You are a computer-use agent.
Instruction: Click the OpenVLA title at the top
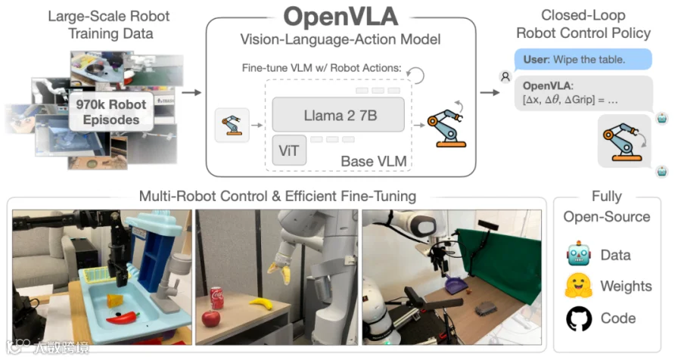click(340, 17)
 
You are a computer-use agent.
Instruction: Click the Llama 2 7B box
click(338, 115)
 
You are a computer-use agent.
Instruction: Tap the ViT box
click(289, 151)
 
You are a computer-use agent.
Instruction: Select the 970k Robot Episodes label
click(111, 112)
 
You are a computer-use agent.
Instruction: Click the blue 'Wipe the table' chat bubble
click(583, 59)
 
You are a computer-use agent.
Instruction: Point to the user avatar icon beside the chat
click(505, 77)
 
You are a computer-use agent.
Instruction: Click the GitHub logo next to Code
click(579, 318)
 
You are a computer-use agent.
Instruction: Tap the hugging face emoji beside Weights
click(579, 286)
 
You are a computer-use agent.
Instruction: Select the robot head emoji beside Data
click(579, 253)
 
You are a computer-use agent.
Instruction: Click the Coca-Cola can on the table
click(216, 297)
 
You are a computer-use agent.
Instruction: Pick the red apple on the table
click(211, 318)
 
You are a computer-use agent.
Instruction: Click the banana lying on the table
click(262, 303)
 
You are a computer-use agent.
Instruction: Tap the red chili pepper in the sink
click(123, 318)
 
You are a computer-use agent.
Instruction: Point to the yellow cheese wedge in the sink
click(115, 300)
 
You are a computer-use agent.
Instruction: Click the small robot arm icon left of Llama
click(232, 125)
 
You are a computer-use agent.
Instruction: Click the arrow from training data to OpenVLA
click(191, 92)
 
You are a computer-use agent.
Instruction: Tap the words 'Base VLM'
click(374, 161)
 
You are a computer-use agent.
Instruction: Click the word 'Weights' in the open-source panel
click(626, 286)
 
